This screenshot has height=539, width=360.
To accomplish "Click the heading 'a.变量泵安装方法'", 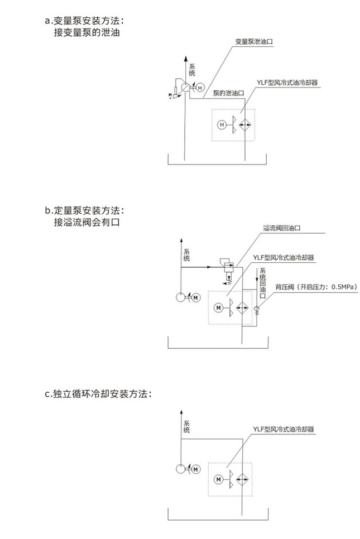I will pyautogui.click(x=84, y=21).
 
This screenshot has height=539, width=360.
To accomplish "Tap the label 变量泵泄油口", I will pyautogui.click(x=253, y=41).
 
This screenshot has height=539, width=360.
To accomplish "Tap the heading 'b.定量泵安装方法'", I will pyautogui.click(x=84, y=211).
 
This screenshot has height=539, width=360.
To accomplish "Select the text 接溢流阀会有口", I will pyautogui.click(x=87, y=223).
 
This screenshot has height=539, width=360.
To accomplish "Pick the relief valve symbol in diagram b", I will pyautogui.click(x=227, y=267).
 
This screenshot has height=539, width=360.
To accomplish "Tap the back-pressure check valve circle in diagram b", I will pyautogui.click(x=257, y=309).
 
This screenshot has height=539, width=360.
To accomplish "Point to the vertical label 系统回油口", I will pyautogui.click(x=262, y=282).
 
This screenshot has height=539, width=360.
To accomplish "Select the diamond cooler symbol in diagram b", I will pyautogui.click(x=242, y=307).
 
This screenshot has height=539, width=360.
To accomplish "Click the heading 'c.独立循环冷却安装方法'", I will pyautogui.click(x=98, y=393).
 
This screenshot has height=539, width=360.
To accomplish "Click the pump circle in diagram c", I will pyautogui.click(x=180, y=469).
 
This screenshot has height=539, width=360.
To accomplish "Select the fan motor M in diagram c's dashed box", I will pyautogui.click(x=218, y=478).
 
